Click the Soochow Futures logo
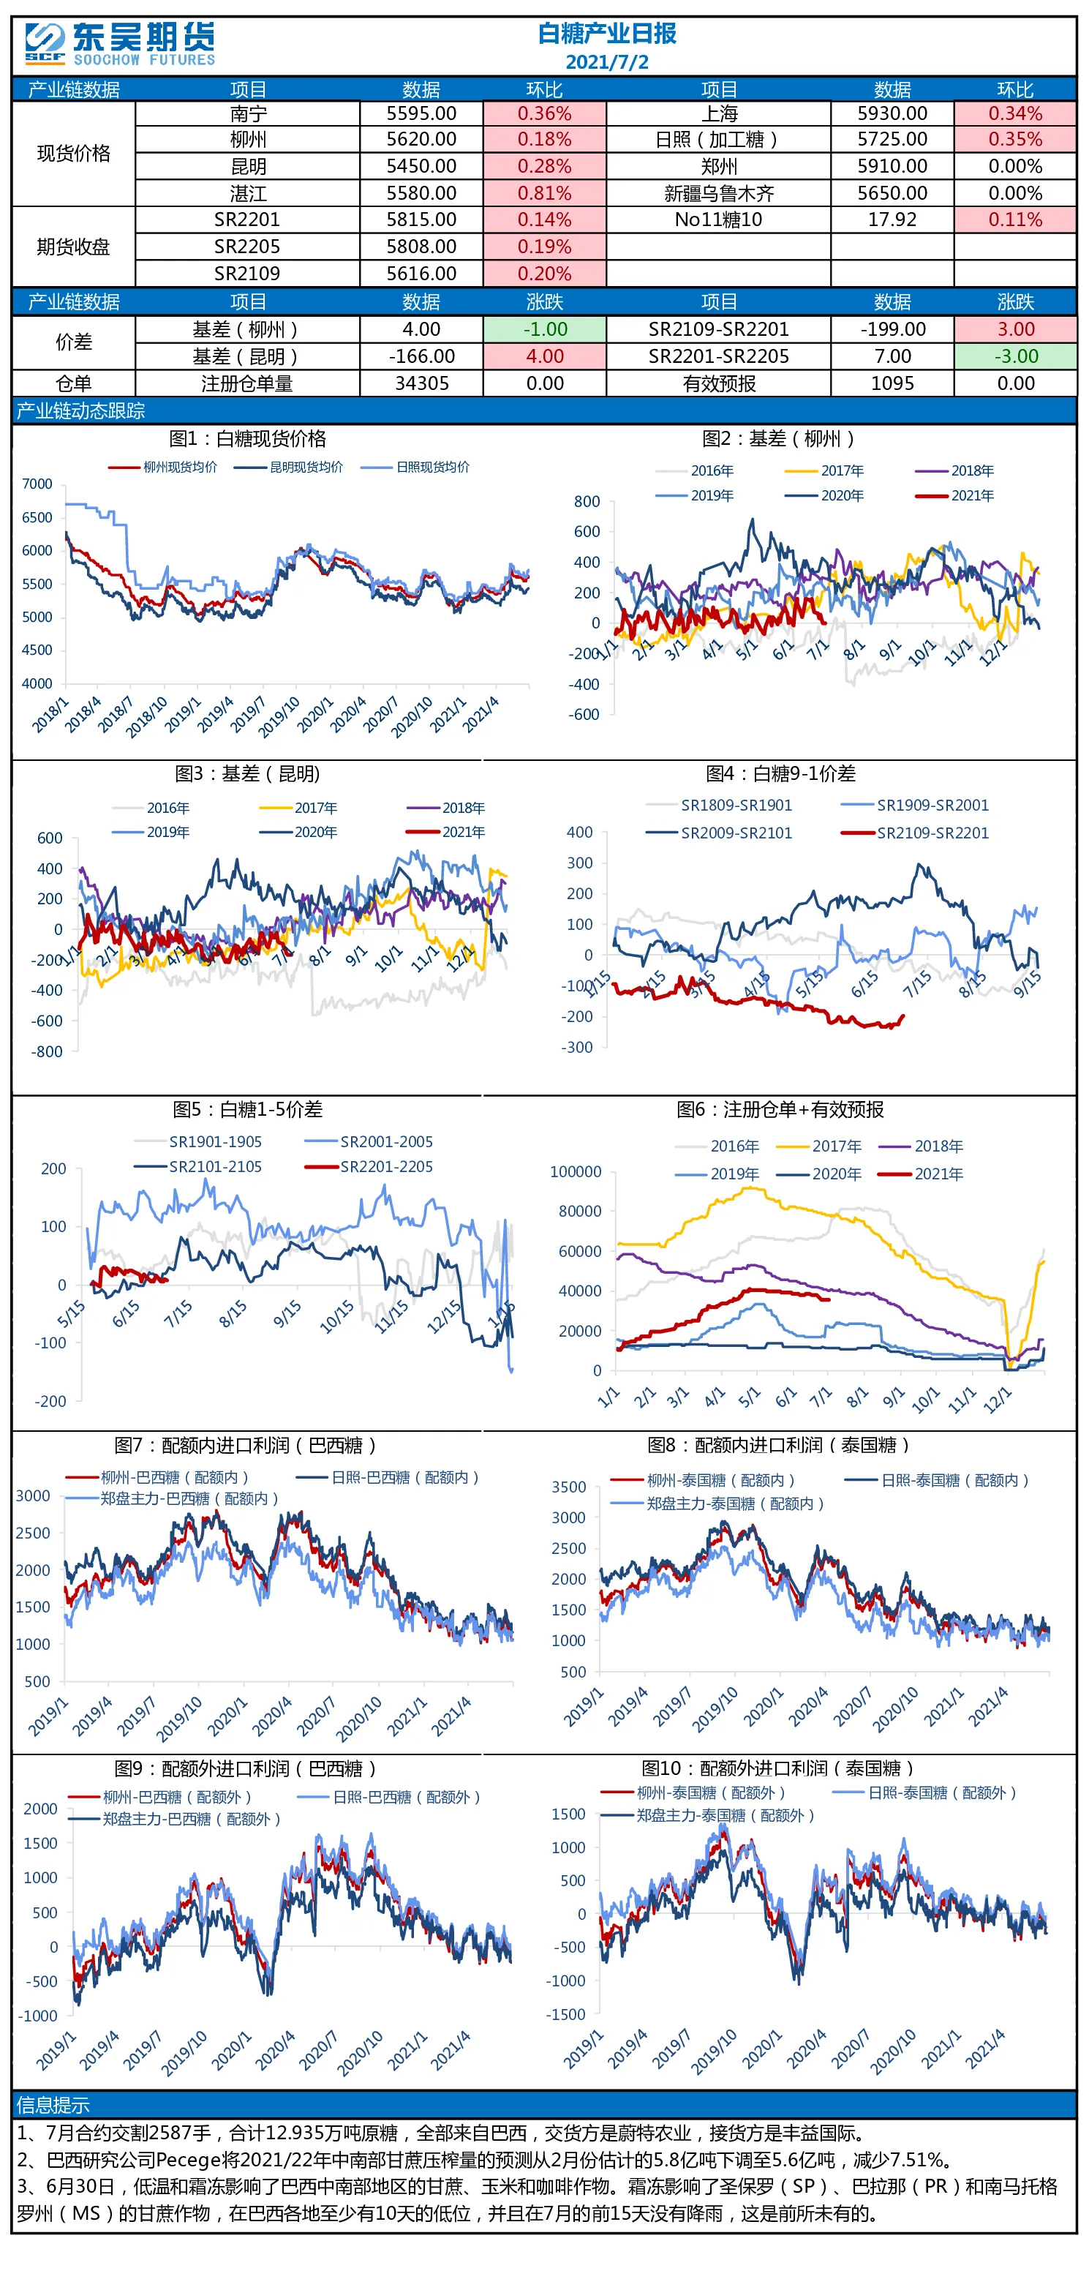120,45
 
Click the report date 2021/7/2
607,62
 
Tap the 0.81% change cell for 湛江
545,193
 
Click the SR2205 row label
247,247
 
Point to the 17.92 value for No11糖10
892,219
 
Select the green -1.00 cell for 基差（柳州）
545,329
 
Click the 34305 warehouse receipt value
421,383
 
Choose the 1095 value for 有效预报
892,383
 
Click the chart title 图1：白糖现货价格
248,438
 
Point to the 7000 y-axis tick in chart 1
37,484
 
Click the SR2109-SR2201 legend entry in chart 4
915,833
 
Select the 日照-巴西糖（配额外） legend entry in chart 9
389,1797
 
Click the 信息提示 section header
53,2105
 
